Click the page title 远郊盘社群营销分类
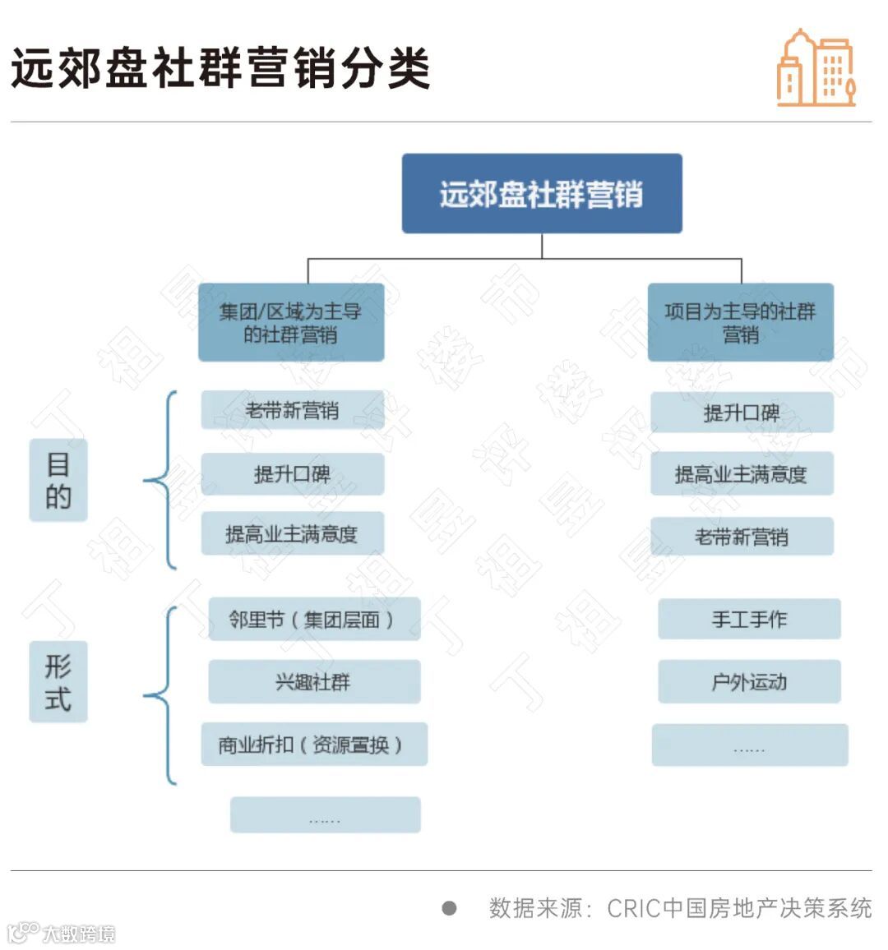pyautogui.click(x=220, y=67)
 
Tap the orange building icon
pyautogui.click(x=816, y=69)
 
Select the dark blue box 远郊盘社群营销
pyautogui.click(x=542, y=194)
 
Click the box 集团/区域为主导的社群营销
pyautogui.click(x=291, y=322)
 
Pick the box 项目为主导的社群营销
pyautogui.click(x=740, y=322)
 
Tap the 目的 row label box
pyautogui.click(x=58, y=480)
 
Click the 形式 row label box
pyautogui.click(x=58, y=681)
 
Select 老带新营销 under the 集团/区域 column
pyautogui.click(x=292, y=410)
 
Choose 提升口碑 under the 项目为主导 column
pyautogui.click(x=742, y=413)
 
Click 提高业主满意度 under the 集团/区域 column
pyautogui.click(x=292, y=534)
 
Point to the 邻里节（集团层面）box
pyautogui.click(x=313, y=619)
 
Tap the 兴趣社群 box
pyautogui.click(x=313, y=681)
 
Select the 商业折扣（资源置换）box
pyautogui.click(x=313, y=745)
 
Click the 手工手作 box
pyautogui.click(x=749, y=619)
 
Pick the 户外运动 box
pyautogui.click(x=749, y=681)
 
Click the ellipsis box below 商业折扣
pyautogui.click(x=325, y=814)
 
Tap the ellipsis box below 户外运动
pyautogui.click(x=749, y=745)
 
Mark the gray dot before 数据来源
pyautogui.click(x=449, y=907)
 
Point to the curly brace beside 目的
pyautogui.click(x=164, y=480)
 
